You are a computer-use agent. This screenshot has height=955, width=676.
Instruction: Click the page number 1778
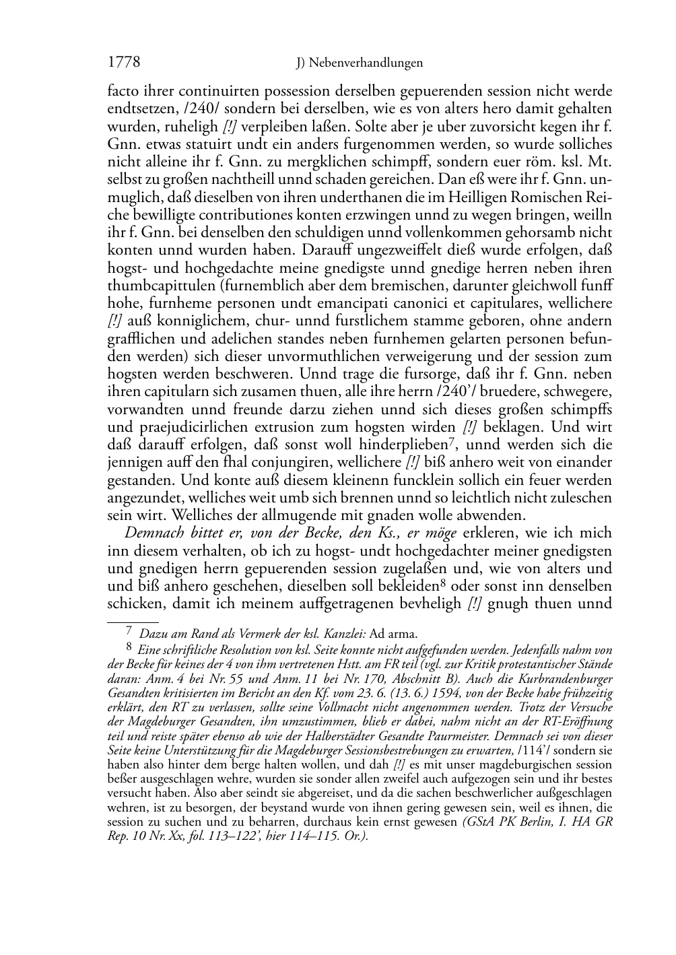click(x=124, y=63)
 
